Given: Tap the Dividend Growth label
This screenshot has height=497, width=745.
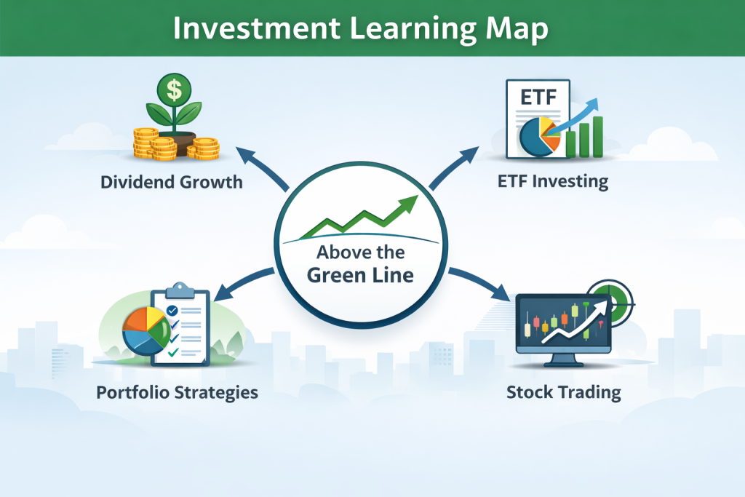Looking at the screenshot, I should tap(172, 181).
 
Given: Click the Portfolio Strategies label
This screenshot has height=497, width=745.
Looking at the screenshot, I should tap(177, 393).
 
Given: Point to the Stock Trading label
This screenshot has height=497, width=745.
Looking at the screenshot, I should tap(564, 393).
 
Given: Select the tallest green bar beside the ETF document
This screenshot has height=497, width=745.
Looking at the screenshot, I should tap(597, 136).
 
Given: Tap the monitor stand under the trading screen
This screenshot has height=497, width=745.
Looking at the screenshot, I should tap(562, 359).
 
